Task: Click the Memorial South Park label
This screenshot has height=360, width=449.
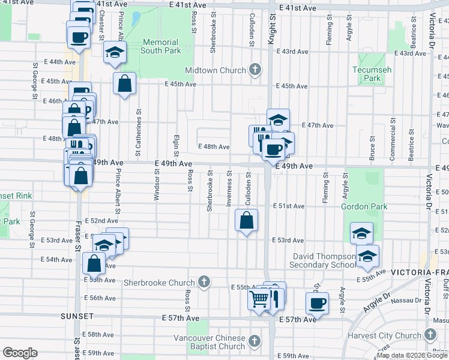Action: [x=161, y=46]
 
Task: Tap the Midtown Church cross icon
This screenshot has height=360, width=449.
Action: [x=255, y=70]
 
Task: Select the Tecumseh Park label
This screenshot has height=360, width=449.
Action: [x=372, y=74]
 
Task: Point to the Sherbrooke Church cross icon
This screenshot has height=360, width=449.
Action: [x=204, y=282]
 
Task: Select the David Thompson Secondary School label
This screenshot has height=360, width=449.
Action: [x=323, y=260]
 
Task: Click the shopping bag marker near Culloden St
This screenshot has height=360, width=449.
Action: [x=246, y=220]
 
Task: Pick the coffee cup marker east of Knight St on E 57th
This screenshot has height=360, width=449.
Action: [x=317, y=302]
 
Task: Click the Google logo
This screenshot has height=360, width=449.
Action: [x=20, y=353]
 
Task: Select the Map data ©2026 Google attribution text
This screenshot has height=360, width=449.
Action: [x=412, y=355]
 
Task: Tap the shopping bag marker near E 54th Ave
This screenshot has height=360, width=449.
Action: [x=94, y=263]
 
